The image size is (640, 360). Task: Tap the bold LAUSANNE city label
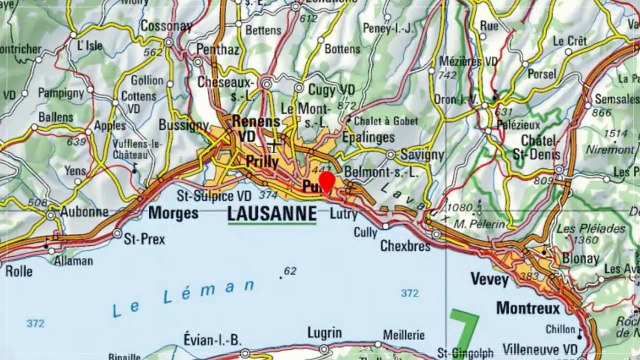click(272, 214)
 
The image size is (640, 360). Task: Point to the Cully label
click(367, 233)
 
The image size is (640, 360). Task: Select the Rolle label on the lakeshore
click(18, 270)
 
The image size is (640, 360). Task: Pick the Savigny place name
click(421, 155)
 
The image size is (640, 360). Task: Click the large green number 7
click(462, 330)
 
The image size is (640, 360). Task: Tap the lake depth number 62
click(290, 271)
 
